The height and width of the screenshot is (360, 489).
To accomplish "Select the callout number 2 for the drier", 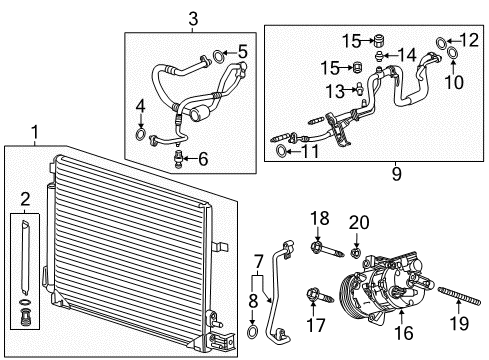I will [24, 200].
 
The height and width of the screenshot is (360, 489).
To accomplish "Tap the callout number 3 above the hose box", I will [193, 16].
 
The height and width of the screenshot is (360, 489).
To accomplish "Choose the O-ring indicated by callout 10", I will [452, 53].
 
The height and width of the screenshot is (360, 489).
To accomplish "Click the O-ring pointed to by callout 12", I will [442, 40].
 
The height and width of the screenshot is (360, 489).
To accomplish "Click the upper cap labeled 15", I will [378, 41].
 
